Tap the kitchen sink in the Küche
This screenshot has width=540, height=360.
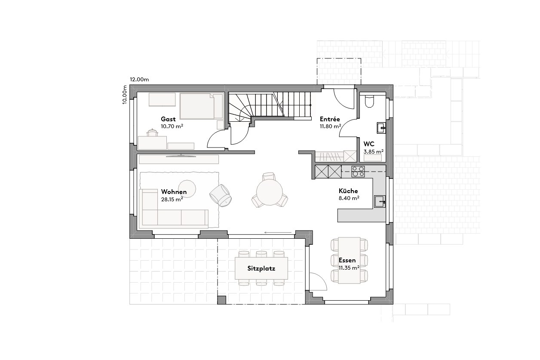[380, 201]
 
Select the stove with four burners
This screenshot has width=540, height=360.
[358, 172]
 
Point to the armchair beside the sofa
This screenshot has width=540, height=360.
[221, 195]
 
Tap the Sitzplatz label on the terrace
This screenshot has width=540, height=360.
[261, 268]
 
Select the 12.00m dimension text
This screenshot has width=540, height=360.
[140, 80]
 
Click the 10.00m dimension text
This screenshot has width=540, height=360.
[125, 95]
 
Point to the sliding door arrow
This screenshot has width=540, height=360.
[278, 233]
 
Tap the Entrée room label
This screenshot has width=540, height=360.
[330, 119]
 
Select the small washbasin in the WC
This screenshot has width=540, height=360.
[381, 127]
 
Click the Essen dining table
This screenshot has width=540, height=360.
[349, 260]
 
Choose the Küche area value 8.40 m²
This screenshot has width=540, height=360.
[349, 198]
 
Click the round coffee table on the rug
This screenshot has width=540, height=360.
[187, 187]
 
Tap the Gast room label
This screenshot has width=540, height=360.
[168, 119]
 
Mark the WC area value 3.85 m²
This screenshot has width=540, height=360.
[373, 151]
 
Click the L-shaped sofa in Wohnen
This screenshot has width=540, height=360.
[172, 215]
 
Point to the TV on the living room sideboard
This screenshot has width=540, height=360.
[181, 155]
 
